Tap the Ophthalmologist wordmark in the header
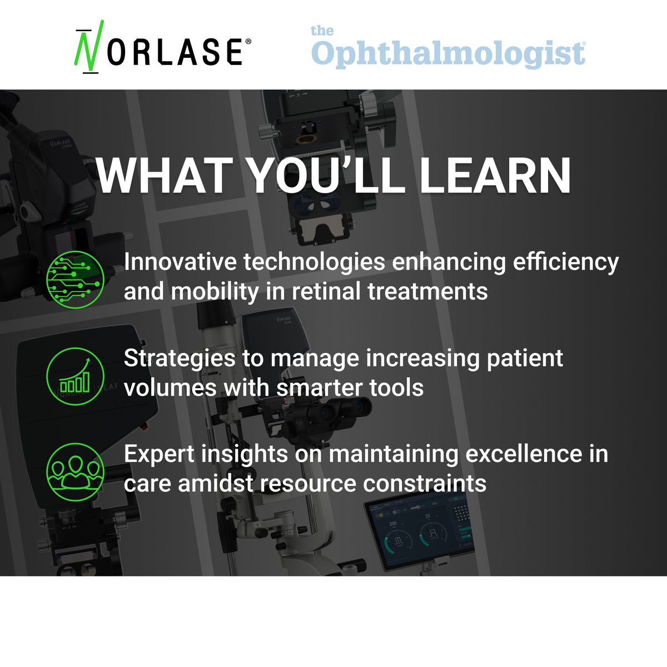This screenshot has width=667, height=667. [448, 54]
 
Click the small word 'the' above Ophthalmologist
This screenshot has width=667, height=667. [322, 31]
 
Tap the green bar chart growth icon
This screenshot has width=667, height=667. [75, 376]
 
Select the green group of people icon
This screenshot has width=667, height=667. [75, 471]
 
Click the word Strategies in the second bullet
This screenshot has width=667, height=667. [179, 359]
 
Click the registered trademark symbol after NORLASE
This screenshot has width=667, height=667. [248, 42]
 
